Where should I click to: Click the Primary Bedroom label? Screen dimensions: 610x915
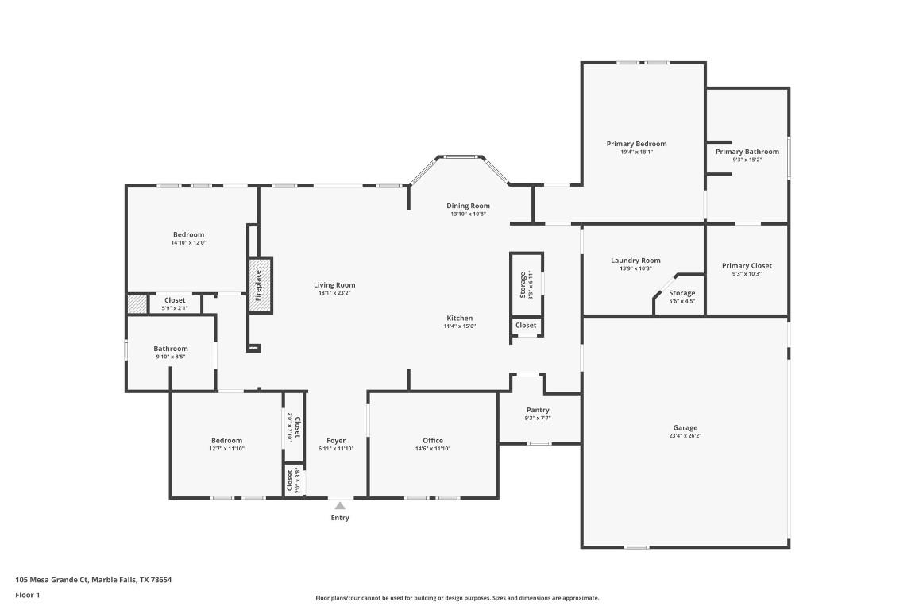[x=636, y=144]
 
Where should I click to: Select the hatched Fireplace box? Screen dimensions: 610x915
[x=261, y=284]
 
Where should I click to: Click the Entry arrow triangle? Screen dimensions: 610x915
[x=340, y=505]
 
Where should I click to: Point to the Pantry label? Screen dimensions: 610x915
[x=538, y=410]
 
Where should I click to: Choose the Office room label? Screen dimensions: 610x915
[x=433, y=440]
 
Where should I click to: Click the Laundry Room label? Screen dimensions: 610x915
[x=635, y=261]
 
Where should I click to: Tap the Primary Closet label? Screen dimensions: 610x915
[x=747, y=266]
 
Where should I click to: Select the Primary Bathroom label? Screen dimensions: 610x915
[x=747, y=152]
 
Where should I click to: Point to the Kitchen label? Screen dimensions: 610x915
[x=459, y=318]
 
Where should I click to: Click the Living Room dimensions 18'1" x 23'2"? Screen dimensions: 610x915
[x=334, y=293]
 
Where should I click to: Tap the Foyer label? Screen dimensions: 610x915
[x=336, y=440]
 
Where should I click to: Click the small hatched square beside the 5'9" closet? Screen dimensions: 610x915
[x=137, y=303]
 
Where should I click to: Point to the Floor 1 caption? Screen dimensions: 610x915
[x=27, y=595]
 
